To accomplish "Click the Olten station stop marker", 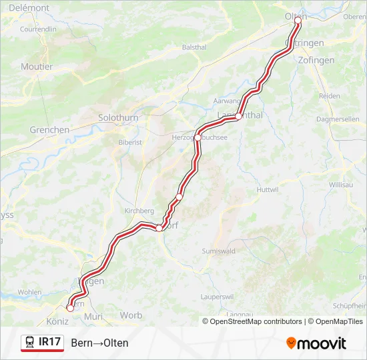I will [x=298, y=21].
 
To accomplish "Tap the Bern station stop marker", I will [x=70, y=307].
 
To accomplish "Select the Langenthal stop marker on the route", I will [x=238, y=116].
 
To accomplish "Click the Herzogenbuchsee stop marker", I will [x=198, y=137].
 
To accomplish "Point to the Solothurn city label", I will [x=118, y=117].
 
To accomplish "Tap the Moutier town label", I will [x=37, y=67].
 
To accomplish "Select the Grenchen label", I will [x=49, y=130].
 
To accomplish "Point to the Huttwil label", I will [x=267, y=189].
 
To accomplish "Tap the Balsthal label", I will [x=194, y=47].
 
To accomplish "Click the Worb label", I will [x=131, y=315].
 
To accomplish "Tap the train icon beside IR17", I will [x=30, y=343].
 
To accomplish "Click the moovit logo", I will [x=316, y=343].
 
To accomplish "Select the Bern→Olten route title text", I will [x=99, y=343].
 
